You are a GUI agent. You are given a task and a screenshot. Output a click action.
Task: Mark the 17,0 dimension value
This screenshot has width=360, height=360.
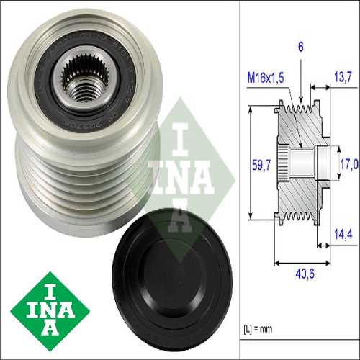coord(348,164)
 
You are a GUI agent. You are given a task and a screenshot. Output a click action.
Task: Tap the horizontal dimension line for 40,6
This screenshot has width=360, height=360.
coord(302,259)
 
